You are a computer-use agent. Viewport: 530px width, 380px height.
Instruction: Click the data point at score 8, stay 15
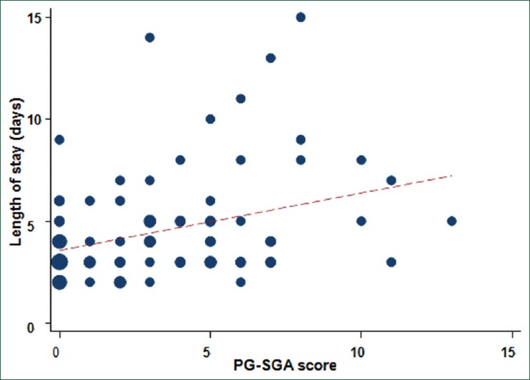pyautogui.click(x=301, y=17)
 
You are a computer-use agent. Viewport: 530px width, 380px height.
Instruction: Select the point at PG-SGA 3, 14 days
pyautogui.click(x=149, y=37)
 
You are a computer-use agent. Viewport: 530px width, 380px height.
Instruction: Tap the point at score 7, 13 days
pyautogui.click(x=271, y=58)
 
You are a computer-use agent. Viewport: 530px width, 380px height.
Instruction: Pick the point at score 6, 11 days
pyautogui.click(x=241, y=99)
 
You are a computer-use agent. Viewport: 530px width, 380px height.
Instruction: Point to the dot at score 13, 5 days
pyautogui.click(x=451, y=221)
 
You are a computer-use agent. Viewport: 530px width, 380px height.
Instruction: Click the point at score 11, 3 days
pyautogui.click(x=391, y=261)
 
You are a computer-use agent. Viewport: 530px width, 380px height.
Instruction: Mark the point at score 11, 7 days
pyautogui.click(x=391, y=180)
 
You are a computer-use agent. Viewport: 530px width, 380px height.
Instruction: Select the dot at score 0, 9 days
pyautogui.click(x=59, y=139)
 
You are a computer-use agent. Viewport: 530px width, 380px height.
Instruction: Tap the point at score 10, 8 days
pyautogui.click(x=361, y=160)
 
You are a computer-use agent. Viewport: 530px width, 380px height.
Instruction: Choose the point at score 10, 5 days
pyautogui.click(x=361, y=221)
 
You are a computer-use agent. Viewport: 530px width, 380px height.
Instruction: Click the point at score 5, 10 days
pyautogui.click(x=210, y=119)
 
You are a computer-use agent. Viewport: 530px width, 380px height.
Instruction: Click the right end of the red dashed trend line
pyautogui.click(x=451, y=174)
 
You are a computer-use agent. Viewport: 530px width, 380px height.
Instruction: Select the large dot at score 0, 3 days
pyautogui.click(x=59, y=261)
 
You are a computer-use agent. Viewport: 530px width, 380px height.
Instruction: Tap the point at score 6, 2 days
pyautogui.click(x=241, y=282)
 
